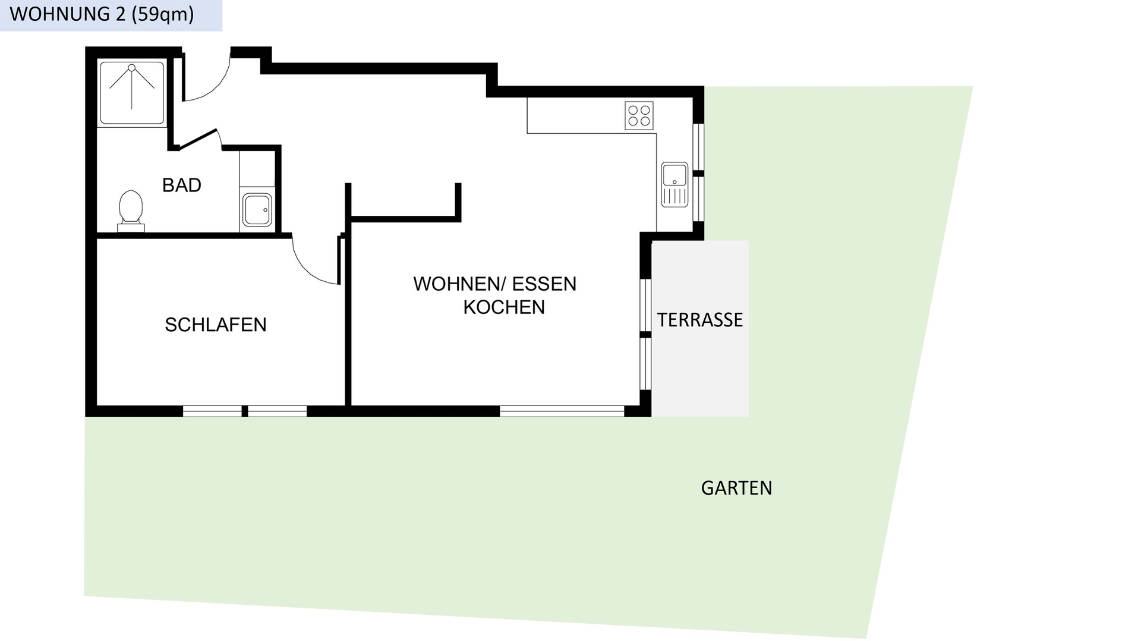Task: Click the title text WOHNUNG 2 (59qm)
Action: pyautogui.click(x=102, y=14)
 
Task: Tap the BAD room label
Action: pyautogui.click(x=182, y=186)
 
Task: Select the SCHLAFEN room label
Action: pyautogui.click(x=216, y=325)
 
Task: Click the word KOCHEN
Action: pyautogui.click(x=504, y=307)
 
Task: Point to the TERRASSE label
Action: pyautogui.click(x=700, y=320)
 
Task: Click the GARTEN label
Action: pyautogui.click(x=736, y=488)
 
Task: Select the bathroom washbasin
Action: pyautogui.click(x=257, y=209)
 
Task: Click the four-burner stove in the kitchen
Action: pyautogui.click(x=639, y=116)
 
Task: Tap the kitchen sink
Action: pyautogui.click(x=674, y=184)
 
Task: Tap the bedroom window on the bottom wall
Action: pyautogui.click(x=245, y=411)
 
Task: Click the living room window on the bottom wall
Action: pyautogui.click(x=562, y=411)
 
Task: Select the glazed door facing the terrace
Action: pyautogui.click(x=646, y=334)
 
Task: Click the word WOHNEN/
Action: pyautogui.click(x=459, y=284)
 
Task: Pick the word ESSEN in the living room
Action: pyautogui.click(x=544, y=284)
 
